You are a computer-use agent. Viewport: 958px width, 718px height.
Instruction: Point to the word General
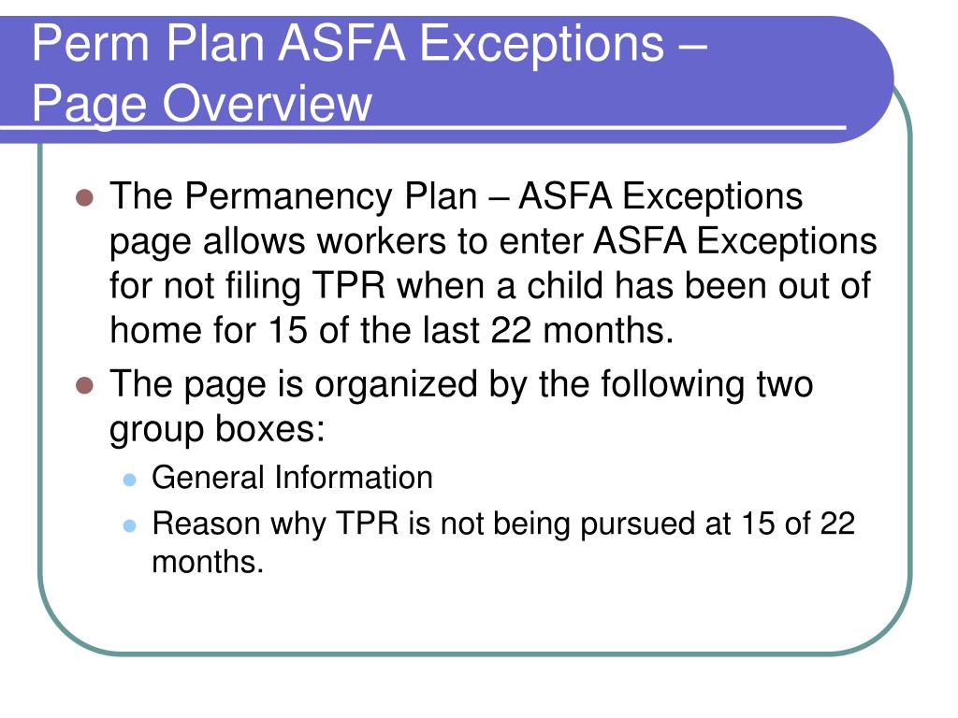[x=209, y=478]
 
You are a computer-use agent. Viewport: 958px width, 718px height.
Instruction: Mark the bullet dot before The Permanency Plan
[x=84, y=198]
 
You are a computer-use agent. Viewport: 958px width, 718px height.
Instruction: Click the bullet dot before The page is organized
[x=84, y=385]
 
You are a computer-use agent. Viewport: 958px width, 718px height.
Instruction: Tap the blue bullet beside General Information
[x=130, y=479]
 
